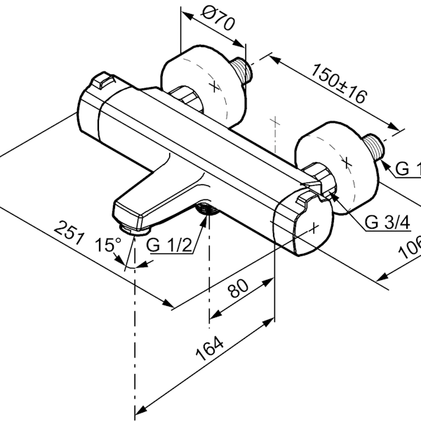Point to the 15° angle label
click(109, 245)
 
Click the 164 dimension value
click(211, 349)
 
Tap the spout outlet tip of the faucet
click(133, 228)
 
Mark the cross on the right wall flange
click(345, 161)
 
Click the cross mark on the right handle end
click(315, 226)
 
